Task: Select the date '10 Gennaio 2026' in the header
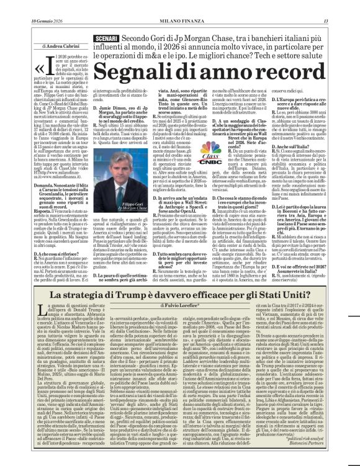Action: [25, 6]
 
